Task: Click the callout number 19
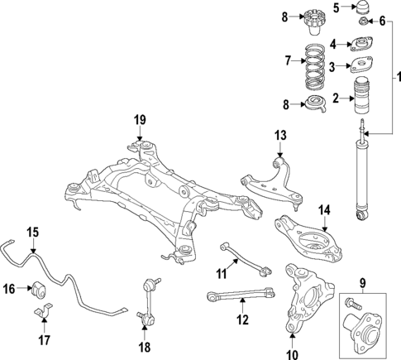140,121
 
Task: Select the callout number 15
31,233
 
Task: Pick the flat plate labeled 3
361,65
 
